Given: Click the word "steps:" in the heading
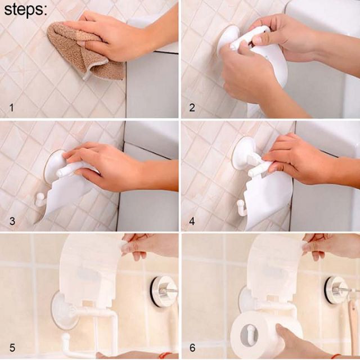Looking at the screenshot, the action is click(x=25, y=10).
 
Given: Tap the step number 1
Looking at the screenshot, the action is click(x=11, y=107).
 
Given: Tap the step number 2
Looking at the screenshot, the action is click(x=192, y=107).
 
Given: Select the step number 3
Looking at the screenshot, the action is click(x=12, y=221).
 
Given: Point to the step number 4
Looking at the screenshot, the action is click(x=192, y=221).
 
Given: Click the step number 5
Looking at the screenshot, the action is click(x=12, y=348).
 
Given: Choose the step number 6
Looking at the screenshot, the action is click(x=192, y=348).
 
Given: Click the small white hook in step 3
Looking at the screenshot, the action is click(x=39, y=199).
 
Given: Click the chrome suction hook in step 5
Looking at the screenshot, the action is click(x=164, y=290).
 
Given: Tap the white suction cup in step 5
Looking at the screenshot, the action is click(x=61, y=311).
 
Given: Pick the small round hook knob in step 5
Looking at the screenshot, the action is click(x=65, y=338).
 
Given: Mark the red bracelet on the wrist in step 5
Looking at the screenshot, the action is click(x=165, y=355).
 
